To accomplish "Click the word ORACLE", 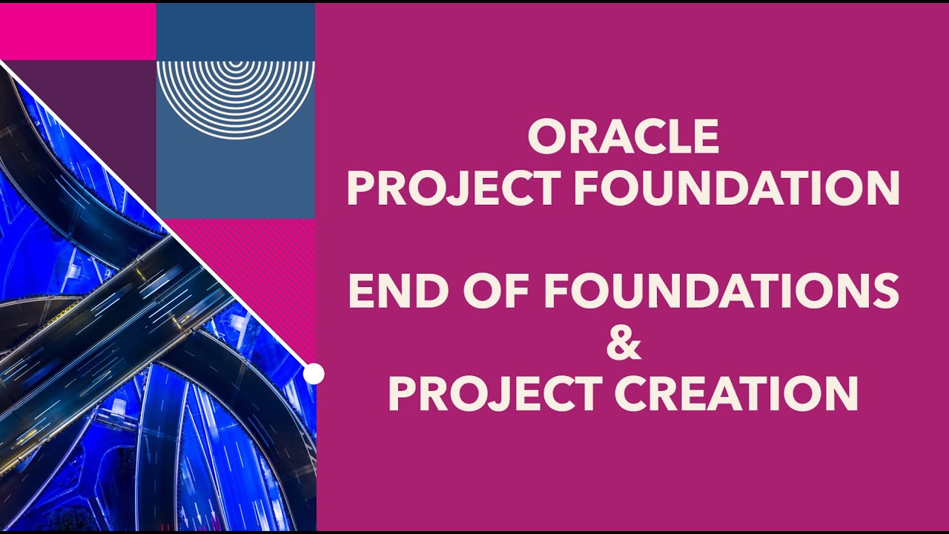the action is [624, 136].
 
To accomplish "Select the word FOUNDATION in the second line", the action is [737, 188].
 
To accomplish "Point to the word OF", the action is [495, 290].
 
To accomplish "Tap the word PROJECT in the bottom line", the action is [495, 393].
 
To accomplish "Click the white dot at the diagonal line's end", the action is [314, 374].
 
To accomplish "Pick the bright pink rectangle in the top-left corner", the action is [79, 31].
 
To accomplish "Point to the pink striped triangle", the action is [271, 271].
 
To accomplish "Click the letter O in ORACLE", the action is [546, 136].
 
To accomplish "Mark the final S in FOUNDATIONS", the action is [885, 290].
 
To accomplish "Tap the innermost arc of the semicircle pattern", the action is [236, 64].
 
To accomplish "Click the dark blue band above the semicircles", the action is [236, 31].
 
